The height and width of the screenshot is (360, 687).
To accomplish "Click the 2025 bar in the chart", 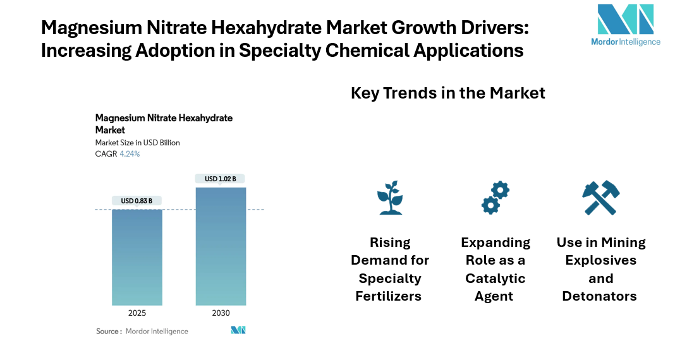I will pos(137,257).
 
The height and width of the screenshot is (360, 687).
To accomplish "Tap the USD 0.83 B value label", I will pos(137,201).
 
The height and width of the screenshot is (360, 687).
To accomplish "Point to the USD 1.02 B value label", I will pos(221,179).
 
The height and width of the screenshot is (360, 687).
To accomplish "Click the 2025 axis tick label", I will pos(137,313).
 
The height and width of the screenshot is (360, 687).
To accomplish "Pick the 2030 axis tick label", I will pos(221,313).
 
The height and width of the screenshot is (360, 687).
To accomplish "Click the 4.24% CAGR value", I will pos(130,153).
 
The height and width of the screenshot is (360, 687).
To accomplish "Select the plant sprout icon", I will pos(390,198).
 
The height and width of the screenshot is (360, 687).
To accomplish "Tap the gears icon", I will pos(495,198).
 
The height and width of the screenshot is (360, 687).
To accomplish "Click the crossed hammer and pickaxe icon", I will pos(600,198).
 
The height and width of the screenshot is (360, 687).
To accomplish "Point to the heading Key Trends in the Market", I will pos(447,93).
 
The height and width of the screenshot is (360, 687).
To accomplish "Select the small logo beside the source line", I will pos(238,330).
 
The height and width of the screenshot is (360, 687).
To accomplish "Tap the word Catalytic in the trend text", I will pos(495,279).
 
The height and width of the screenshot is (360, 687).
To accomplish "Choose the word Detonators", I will pos(600,296).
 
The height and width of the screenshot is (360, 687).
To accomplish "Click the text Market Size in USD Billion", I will pos(137,143).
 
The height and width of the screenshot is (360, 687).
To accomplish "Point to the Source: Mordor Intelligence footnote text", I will pos(142,331).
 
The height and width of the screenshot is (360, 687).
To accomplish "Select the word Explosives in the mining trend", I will pos(600,260).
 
